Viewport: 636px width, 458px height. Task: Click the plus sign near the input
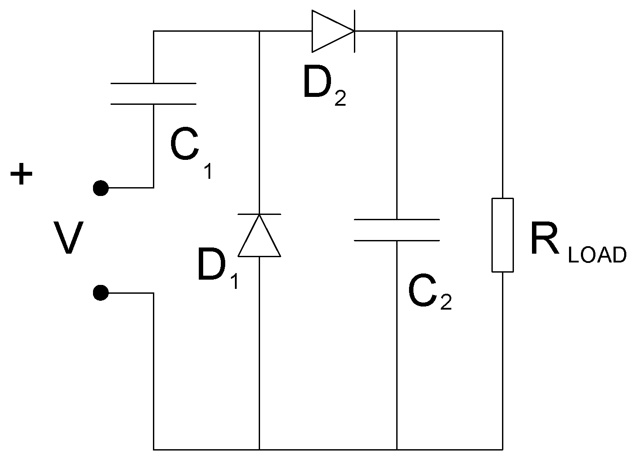[x=21, y=175]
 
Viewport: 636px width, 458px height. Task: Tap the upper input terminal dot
[x=101, y=188]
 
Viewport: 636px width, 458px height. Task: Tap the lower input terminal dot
[x=101, y=293]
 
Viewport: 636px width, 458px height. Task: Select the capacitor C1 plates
[x=153, y=94]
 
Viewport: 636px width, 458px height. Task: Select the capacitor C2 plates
[x=397, y=230]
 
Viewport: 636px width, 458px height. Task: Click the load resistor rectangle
[x=502, y=235]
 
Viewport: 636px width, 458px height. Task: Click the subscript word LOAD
[x=597, y=255]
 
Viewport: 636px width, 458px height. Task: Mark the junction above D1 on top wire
[x=259, y=31]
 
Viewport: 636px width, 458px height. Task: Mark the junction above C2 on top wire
[x=397, y=31]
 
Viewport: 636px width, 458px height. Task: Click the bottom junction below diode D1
[x=259, y=450]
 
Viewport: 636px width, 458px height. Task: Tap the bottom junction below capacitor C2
[x=397, y=450]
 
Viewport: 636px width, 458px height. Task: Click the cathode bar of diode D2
[x=354, y=31]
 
